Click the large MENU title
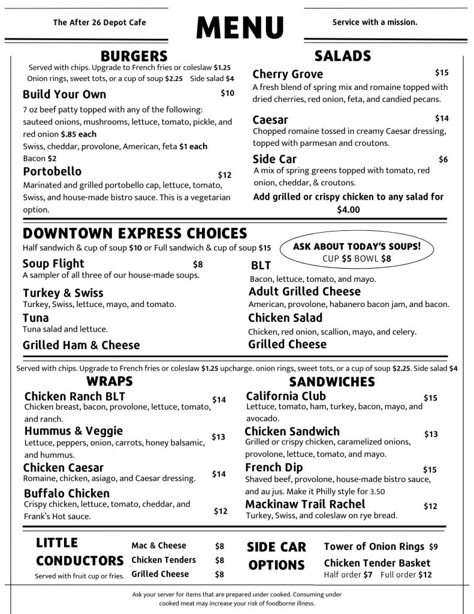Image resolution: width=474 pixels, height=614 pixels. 240,27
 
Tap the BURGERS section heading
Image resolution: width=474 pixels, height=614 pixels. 134,56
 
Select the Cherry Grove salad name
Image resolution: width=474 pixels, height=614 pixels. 288,74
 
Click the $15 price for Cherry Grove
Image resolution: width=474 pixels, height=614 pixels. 442,73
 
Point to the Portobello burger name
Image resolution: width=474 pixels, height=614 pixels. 52,172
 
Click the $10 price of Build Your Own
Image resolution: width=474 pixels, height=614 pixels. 227,94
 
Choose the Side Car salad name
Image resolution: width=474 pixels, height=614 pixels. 274,159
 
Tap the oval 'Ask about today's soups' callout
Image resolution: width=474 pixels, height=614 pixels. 357,252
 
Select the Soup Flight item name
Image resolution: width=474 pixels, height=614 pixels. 53,264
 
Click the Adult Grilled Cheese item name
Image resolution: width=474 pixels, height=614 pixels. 304,291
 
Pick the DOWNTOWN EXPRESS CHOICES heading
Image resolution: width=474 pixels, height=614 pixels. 135,233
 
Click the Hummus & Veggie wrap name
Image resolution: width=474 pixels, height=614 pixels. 74,431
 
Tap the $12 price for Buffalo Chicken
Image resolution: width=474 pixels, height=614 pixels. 221,511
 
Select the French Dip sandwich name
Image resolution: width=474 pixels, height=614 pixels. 274,467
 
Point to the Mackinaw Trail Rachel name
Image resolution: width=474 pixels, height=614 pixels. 305,504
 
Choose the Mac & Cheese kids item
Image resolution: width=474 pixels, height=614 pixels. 159,546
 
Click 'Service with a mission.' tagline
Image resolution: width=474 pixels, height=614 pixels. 375,22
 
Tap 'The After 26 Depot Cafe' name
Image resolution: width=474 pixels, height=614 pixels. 99,23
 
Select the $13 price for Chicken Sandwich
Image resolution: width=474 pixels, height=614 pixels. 431,434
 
